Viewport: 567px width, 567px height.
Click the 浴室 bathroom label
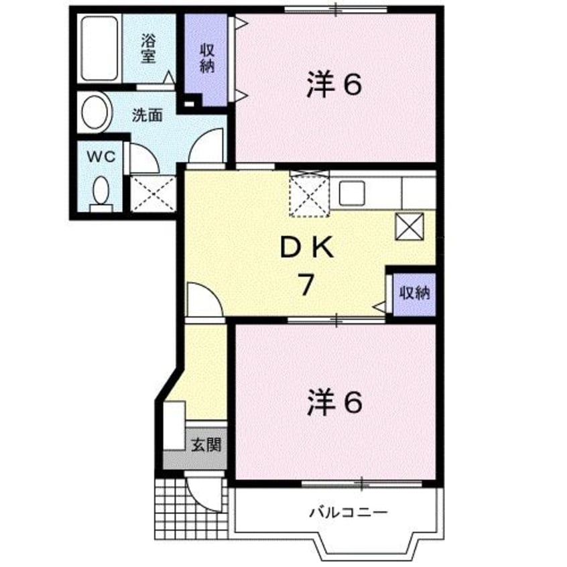[148, 48]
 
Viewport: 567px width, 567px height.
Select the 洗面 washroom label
[147, 115]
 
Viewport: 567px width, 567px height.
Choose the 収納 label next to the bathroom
[206, 58]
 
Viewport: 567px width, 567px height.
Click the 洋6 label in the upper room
[335, 85]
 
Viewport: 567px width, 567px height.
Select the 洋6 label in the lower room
[335, 402]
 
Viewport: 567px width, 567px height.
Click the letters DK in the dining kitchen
[306, 249]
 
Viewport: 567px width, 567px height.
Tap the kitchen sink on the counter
[353, 193]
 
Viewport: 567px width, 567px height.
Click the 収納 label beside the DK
[414, 293]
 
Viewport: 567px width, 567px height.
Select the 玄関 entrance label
[206, 444]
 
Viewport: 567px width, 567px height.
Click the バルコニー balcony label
[349, 513]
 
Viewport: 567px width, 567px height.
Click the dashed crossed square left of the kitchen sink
[310, 193]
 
